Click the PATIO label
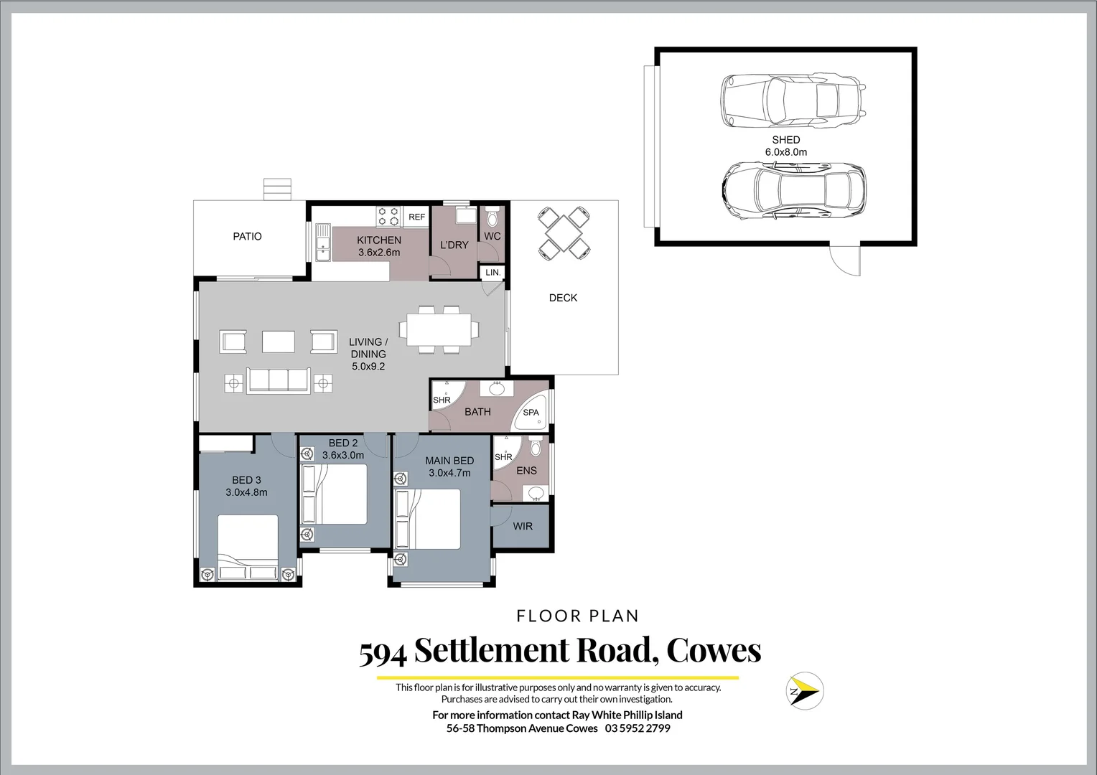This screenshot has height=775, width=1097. (x=247, y=237)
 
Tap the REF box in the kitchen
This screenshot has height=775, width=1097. (x=416, y=217)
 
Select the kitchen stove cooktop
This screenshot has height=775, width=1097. (x=388, y=217)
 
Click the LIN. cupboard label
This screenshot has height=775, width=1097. (x=493, y=273)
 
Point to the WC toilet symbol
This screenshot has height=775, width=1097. (x=492, y=217)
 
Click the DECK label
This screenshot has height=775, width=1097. (x=563, y=298)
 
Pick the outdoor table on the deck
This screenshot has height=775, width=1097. (x=565, y=232)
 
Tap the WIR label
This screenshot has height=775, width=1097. (x=523, y=527)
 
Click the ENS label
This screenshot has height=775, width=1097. (x=526, y=471)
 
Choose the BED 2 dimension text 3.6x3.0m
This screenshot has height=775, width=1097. (x=343, y=455)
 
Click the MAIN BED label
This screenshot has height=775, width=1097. (x=449, y=461)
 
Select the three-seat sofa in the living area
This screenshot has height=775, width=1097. (x=278, y=380)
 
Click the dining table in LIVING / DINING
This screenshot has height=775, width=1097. (x=439, y=329)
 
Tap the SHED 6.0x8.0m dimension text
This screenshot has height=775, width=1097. (x=785, y=152)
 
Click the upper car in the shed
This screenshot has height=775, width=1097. (x=793, y=100)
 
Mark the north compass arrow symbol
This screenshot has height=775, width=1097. (x=805, y=691)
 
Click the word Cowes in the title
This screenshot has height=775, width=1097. (x=714, y=650)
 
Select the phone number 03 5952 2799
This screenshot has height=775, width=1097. (x=638, y=728)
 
